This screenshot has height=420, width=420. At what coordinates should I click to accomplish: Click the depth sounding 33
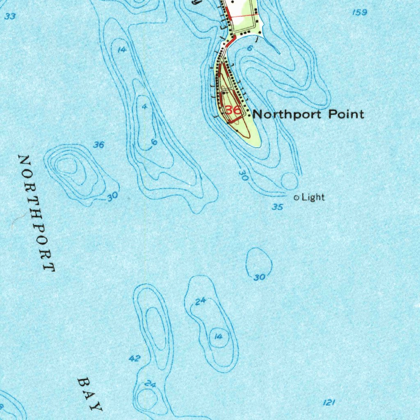click(x=11, y=16)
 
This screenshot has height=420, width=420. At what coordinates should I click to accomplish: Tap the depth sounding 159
click(x=359, y=13)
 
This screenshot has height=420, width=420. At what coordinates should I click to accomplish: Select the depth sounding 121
click(x=329, y=403)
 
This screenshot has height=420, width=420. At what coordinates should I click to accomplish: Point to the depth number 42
click(x=135, y=358)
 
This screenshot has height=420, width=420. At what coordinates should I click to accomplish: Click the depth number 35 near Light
click(x=278, y=207)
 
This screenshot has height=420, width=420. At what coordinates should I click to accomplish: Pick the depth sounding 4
click(x=144, y=106)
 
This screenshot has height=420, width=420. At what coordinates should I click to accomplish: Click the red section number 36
click(x=233, y=110)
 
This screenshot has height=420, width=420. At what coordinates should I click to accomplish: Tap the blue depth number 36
click(x=98, y=145)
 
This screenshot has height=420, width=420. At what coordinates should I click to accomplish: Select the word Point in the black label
click(x=346, y=114)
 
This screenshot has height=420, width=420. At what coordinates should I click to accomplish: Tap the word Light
click(x=313, y=198)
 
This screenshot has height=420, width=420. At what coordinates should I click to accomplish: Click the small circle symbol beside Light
click(x=297, y=198)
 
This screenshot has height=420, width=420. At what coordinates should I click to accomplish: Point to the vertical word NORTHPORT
click(x=37, y=213)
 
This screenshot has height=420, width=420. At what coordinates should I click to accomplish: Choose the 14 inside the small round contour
click(x=218, y=337)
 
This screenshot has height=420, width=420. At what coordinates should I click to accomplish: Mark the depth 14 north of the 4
click(x=121, y=50)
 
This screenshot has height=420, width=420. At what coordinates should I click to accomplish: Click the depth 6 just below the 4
click(x=154, y=142)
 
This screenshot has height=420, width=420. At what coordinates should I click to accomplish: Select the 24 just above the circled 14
click(x=200, y=301)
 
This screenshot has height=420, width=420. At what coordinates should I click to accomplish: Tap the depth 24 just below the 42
click(x=151, y=384)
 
